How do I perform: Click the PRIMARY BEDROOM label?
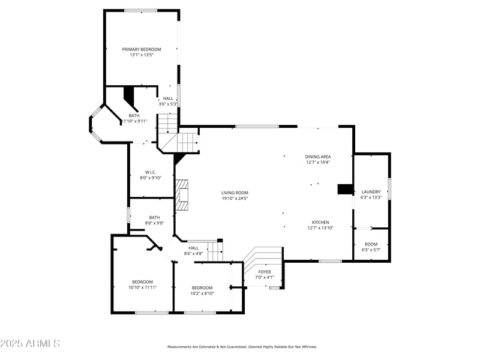click(142, 49)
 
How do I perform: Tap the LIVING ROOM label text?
click(235, 193)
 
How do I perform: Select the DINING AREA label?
click(318, 157)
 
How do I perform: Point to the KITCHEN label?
click(320, 222)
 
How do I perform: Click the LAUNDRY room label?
click(371, 192)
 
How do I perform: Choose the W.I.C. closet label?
click(150, 172)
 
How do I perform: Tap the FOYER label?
click(265, 272)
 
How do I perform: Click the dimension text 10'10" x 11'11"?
click(142, 287)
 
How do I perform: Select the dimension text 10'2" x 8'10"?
click(202, 293)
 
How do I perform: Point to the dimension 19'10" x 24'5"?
click(235, 198)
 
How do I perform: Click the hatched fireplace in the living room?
click(182, 195)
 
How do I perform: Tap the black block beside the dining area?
click(345, 189)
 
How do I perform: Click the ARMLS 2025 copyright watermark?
click(30, 344)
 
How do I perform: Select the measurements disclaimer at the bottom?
click(241, 347)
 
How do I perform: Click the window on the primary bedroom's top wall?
click(141, 10)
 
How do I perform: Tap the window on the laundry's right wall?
click(389, 188)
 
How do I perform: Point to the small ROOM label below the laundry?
click(371, 244)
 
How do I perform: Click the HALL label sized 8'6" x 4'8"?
click(193, 248)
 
